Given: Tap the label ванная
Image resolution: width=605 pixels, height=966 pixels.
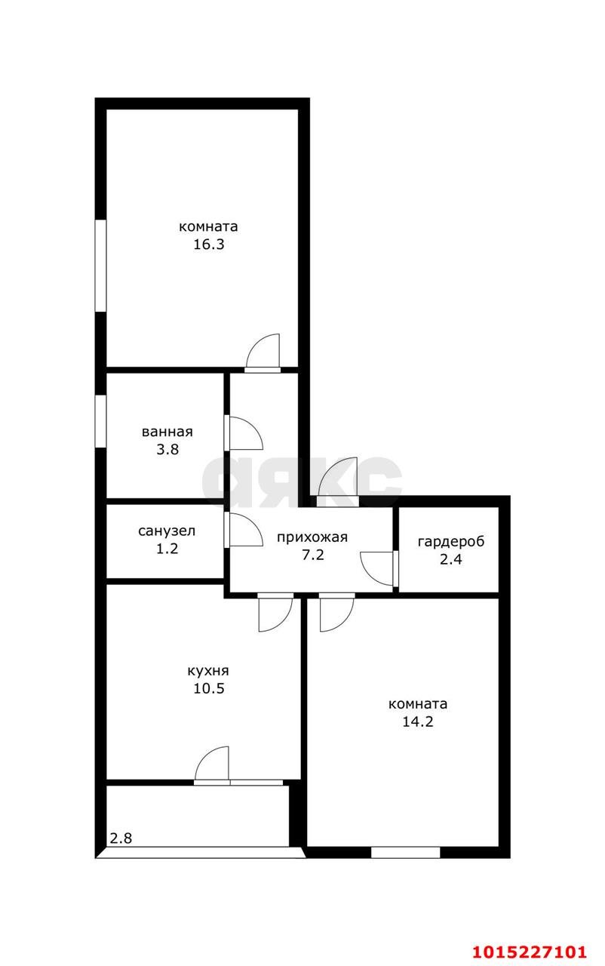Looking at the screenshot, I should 167,432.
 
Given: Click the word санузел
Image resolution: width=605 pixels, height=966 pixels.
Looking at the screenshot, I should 167,531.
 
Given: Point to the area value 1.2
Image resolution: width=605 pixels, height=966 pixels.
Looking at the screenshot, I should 167,549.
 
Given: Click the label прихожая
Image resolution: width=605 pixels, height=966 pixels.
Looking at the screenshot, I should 312,537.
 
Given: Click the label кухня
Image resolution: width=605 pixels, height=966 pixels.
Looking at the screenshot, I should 208,670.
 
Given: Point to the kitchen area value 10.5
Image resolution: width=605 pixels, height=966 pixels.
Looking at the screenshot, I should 208,688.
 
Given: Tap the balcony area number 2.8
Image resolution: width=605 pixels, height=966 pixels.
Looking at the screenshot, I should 121,838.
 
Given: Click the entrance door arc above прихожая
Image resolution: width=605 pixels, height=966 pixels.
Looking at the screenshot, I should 336,477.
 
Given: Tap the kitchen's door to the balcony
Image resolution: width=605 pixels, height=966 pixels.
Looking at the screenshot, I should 213,764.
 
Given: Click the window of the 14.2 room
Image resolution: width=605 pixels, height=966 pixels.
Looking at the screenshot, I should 405,852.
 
